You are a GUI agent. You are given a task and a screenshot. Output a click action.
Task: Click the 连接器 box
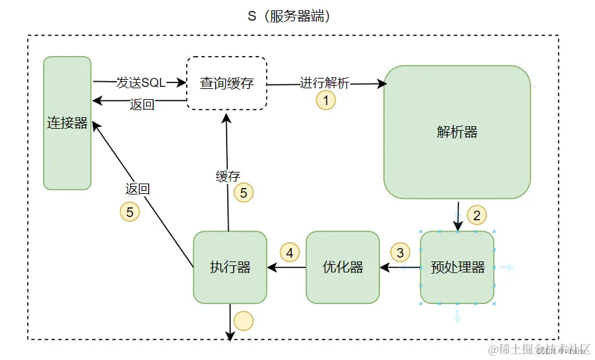(x=67, y=123)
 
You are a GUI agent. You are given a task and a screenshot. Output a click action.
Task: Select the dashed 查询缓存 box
(x=226, y=83)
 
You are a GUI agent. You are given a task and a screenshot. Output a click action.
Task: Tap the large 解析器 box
(x=457, y=132)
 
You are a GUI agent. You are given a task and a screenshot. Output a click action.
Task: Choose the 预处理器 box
(x=457, y=267)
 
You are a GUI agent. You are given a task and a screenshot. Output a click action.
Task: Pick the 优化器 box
(x=343, y=267)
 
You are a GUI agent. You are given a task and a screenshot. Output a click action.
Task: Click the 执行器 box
(x=230, y=267)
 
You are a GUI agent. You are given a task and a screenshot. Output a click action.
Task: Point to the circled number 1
(x=326, y=100)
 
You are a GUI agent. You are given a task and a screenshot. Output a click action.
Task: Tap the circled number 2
(x=477, y=214)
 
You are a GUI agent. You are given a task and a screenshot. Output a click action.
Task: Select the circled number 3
(x=400, y=252)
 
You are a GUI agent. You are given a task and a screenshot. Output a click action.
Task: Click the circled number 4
(x=290, y=252)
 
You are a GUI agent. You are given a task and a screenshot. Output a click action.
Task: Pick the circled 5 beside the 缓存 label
(x=243, y=192)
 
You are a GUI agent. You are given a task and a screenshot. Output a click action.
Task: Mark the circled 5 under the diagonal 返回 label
(x=130, y=211)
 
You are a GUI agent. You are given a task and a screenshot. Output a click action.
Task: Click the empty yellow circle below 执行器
(x=243, y=320)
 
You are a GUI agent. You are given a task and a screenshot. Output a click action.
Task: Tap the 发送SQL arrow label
(x=140, y=83)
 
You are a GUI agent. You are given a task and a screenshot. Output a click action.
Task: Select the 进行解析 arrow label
(x=325, y=83)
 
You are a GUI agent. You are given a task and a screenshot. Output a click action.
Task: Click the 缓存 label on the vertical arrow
(x=228, y=176)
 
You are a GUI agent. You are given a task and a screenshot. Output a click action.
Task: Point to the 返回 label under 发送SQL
(x=142, y=105)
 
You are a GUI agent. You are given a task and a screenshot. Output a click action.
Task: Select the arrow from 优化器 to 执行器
(x=287, y=267)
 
